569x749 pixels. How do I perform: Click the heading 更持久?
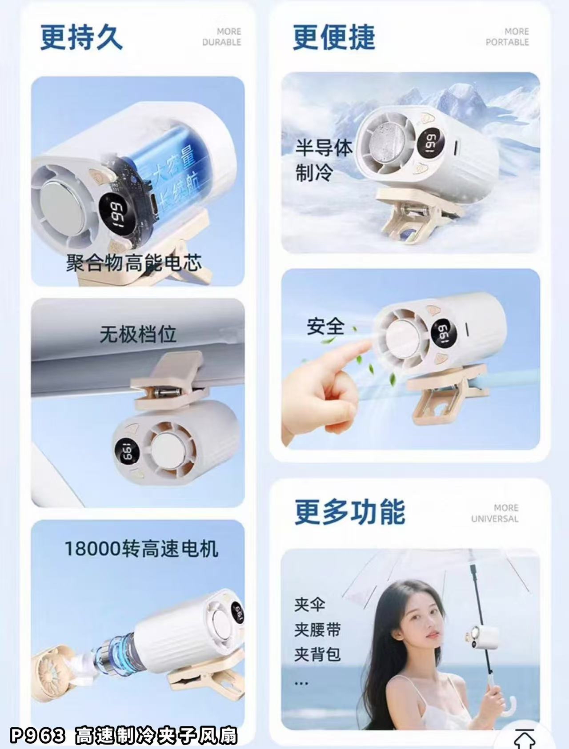point(81,37)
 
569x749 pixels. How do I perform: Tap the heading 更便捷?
point(334,37)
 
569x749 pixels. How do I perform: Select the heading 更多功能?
point(350,512)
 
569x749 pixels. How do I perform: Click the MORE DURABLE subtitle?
point(222,37)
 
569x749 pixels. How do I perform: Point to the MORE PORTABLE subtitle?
point(507,37)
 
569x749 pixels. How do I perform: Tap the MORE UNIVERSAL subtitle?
point(495,513)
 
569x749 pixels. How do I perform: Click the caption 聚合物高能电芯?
point(134,263)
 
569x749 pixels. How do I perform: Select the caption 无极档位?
point(138,334)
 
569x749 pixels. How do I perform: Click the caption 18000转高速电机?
point(141,549)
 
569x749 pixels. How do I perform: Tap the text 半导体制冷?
point(324,160)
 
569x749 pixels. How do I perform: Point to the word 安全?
point(325,327)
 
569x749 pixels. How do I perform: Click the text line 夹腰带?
point(317,629)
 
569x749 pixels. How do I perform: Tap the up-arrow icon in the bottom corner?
point(525,739)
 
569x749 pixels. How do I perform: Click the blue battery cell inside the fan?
point(178,169)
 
